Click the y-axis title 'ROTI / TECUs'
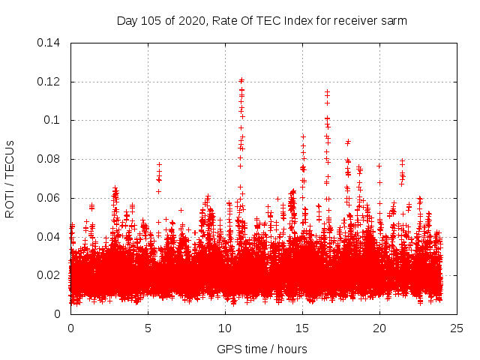[x=10, y=178]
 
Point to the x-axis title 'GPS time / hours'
[x=262, y=349]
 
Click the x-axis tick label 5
[x=148, y=328]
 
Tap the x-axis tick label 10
[x=225, y=328]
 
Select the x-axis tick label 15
[x=302, y=328]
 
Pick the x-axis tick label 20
[x=379, y=328]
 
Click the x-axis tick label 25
[x=457, y=328]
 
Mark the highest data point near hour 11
[x=241, y=79]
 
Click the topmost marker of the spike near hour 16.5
[x=327, y=91]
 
